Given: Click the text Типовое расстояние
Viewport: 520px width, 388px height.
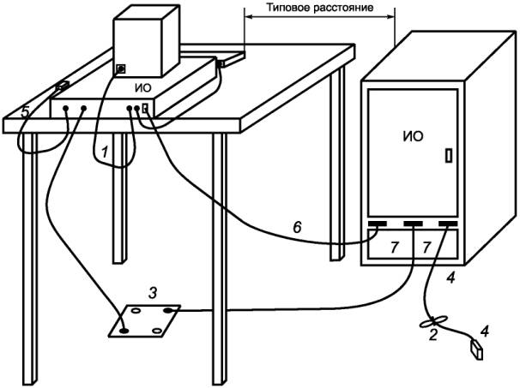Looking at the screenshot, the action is (x=320, y=8).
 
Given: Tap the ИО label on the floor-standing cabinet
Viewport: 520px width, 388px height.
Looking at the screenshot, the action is (x=414, y=136).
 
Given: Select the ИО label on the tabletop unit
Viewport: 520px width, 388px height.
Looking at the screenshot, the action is (x=143, y=88).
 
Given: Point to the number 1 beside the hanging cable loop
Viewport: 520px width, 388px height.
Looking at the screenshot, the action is (x=105, y=152).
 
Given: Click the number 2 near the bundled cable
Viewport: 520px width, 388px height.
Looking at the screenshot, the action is (x=433, y=335).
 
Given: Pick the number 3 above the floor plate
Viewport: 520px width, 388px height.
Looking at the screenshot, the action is (x=152, y=293).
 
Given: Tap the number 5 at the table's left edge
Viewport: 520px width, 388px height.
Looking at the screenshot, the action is (x=25, y=112).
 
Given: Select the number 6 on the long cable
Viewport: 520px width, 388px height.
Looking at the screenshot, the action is (x=297, y=227).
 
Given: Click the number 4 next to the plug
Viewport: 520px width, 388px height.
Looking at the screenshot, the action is (x=485, y=331).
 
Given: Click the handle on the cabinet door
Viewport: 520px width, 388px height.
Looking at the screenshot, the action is (x=449, y=156).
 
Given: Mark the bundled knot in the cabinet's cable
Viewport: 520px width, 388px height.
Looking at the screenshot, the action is (x=433, y=321).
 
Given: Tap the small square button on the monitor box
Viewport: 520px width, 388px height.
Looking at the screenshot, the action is (x=121, y=69).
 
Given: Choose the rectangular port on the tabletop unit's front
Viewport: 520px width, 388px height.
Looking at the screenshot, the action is (x=145, y=108).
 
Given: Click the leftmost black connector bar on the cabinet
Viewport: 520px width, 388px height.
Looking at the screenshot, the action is (x=377, y=224).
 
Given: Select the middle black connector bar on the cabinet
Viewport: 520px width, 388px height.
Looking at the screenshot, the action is (x=413, y=224).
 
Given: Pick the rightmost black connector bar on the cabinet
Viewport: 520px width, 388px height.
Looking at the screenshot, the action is (x=448, y=224).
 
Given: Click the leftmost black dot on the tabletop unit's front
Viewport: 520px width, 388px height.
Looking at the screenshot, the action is (x=66, y=108).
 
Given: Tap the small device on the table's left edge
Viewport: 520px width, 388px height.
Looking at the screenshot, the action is (x=62, y=86).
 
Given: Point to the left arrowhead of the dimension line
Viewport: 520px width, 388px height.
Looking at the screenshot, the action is (x=248, y=17).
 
